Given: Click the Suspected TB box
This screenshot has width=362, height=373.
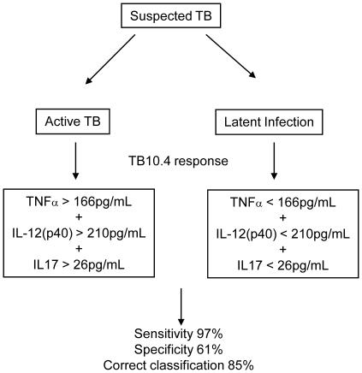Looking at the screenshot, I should click(x=181, y=17).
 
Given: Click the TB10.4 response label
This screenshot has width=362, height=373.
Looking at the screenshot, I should click(x=181, y=161).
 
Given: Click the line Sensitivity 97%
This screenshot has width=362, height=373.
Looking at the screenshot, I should click(x=181, y=333).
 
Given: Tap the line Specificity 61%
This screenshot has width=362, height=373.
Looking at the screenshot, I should click(x=181, y=348).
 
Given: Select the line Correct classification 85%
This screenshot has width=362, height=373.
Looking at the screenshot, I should click(x=181, y=364).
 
